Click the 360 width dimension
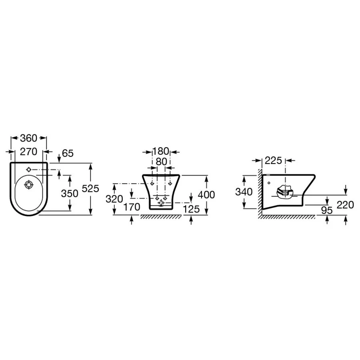pos(29,138)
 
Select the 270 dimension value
pos(28,152)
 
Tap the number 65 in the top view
pos(68,153)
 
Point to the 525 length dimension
pos(90,188)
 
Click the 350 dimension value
pos(70,194)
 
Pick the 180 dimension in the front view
pos(161,151)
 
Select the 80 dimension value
pos(162,162)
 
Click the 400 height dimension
pos(206,195)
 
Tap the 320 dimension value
pos(114,199)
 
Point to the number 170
pos(132,207)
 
